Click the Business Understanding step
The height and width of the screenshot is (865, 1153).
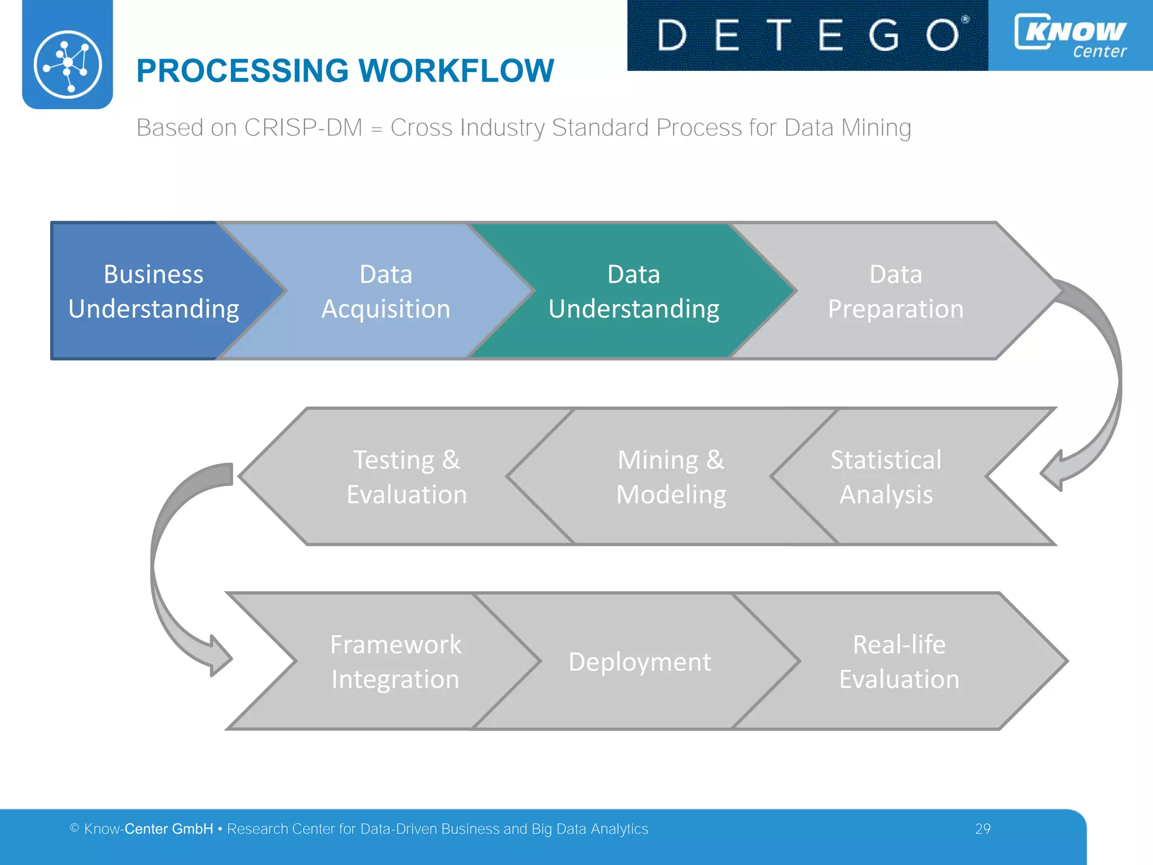point(153,291)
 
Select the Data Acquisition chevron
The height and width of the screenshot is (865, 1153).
point(386,291)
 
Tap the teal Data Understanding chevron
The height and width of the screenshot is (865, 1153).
point(634,291)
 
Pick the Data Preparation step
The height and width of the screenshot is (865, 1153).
point(895,291)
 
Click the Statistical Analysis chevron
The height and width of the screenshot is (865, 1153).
point(886,476)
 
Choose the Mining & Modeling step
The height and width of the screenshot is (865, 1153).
point(671,476)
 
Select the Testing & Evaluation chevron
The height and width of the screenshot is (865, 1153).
point(406,476)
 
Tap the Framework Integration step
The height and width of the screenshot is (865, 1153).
point(395,661)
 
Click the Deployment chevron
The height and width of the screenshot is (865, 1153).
point(640,661)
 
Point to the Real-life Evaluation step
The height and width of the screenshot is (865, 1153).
point(899,661)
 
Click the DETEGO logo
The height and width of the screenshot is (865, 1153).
point(807,35)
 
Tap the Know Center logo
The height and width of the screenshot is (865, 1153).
point(1071,35)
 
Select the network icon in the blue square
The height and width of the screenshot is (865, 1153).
point(68,64)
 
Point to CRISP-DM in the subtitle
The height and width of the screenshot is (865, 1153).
point(303,128)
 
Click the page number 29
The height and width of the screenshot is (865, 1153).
point(982,829)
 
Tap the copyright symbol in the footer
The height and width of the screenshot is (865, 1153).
point(74,828)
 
